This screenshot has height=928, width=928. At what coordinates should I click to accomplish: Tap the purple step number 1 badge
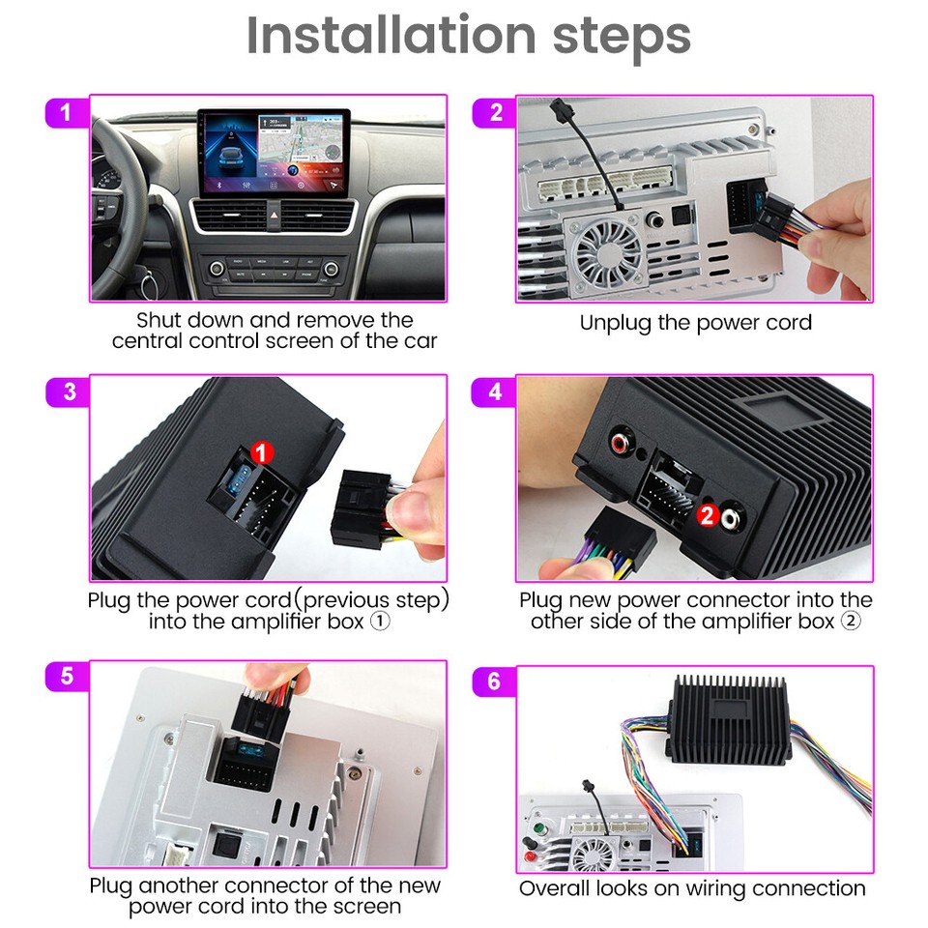click(x=66, y=112)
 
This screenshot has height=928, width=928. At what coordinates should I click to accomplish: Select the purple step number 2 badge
click(x=495, y=112)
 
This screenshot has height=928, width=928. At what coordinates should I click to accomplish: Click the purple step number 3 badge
click(x=69, y=391)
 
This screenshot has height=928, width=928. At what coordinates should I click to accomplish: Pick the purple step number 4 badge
click(x=495, y=391)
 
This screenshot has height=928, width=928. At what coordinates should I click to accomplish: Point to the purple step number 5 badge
click(x=67, y=676)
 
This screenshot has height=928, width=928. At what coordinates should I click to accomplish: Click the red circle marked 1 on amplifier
click(x=262, y=451)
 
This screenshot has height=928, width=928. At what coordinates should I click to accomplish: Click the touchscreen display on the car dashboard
click(x=275, y=151)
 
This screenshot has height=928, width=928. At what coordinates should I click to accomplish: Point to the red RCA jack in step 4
click(x=619, y=445)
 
